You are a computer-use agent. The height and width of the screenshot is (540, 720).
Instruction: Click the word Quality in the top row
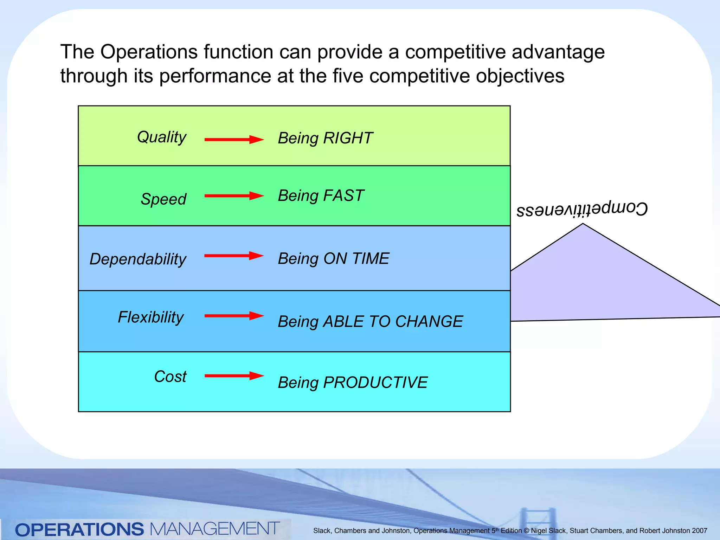pyautogui.click(x=161, y=137)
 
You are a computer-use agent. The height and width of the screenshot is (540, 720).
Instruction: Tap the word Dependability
pyautogui.click(x=137, y=259)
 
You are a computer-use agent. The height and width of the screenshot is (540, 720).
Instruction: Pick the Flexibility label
pyautogui.click(x=150, y=317)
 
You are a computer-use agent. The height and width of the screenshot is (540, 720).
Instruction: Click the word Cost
pyautogui.click(x=170, y=377)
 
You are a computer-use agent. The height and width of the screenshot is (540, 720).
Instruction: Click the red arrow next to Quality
pyautogui.click(x=234, y=140)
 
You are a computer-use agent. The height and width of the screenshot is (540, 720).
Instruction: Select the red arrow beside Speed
pyautogui.click(x=234, y=196)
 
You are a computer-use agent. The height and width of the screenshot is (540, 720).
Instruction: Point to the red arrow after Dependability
pyautogui.click(x=234, y=256)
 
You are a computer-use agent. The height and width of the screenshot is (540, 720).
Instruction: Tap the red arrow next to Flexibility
pyautogui.click(x=234, y=316)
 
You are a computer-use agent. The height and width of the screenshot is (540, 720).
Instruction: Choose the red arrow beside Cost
pyautogui.click(x=234, y=376)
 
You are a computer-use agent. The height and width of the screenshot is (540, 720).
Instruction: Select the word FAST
pyautogui.click(x=343, y=196)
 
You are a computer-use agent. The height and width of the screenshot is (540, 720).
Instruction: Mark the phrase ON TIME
pyautogui.click(x=356, y=259)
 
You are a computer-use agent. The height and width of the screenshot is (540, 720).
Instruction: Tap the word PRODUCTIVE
pyautogui.click(x=375, y=382)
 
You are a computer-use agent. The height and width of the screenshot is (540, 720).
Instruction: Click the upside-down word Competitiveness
pyautogui.click(x=582, y=210)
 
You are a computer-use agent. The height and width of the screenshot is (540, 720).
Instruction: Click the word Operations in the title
pyautogui.click(x=149, y=52)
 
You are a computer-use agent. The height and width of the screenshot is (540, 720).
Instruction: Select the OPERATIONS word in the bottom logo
pyautogui.click(x=79, y=529)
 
